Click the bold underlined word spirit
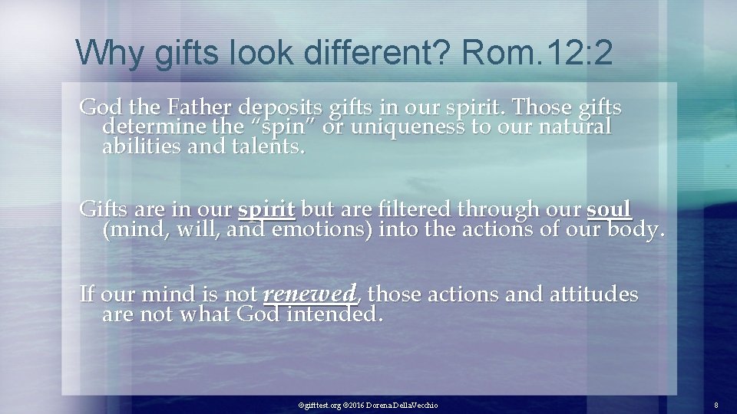click(x=266, y=209)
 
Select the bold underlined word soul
click(x=609, y=209)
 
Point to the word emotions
click(x=322, y=228)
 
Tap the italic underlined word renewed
click(x=309, y=294)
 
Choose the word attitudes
click(x=590, y=294)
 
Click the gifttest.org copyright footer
click(x=368, y=404)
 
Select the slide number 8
click(x=716, y=404)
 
